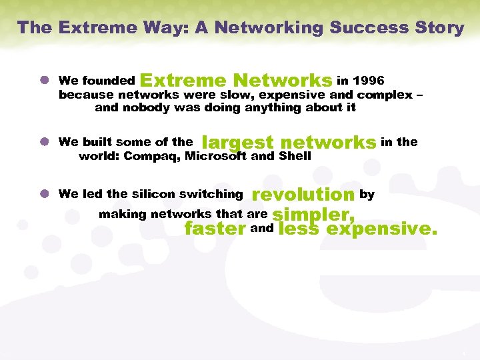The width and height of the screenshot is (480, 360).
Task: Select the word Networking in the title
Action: (255, 27)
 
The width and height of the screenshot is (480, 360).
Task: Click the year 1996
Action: (368, 81)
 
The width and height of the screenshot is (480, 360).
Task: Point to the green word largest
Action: (237, 142)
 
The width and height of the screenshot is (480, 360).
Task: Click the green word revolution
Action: (303, 195)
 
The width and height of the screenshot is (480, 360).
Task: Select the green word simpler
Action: (313, 215)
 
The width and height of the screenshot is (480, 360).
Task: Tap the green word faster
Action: (215, 229)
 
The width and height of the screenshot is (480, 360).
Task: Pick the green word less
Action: (299, 229)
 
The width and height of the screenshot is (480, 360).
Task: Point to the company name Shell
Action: (295, 157)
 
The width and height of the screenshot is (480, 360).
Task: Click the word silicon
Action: (153, 194)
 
